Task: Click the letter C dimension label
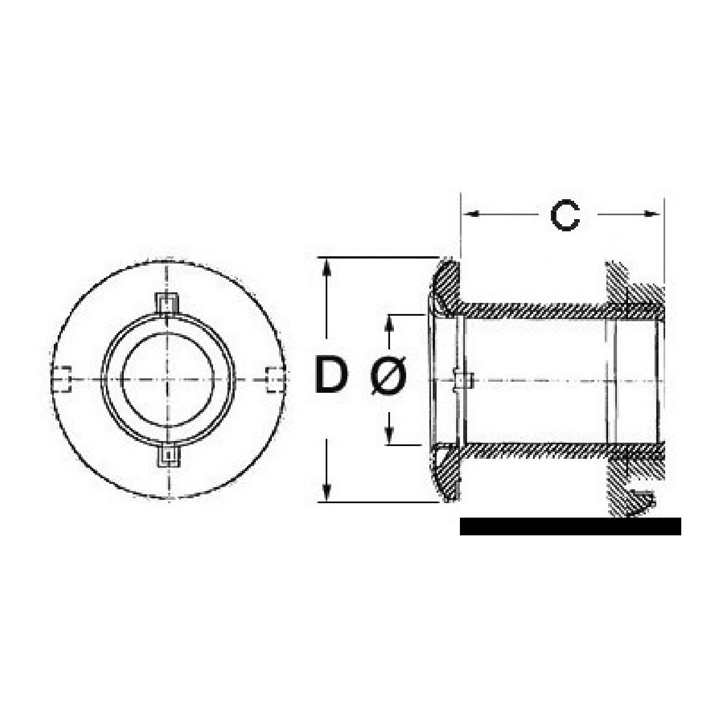pos(564,215)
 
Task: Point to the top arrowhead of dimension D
pos(326,267)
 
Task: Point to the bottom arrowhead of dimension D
pos(326,493)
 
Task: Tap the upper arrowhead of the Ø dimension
pos(389,324)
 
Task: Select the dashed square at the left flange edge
pos(61,378)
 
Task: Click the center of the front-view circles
pos(168,379)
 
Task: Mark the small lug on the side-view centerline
pos(463,380)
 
